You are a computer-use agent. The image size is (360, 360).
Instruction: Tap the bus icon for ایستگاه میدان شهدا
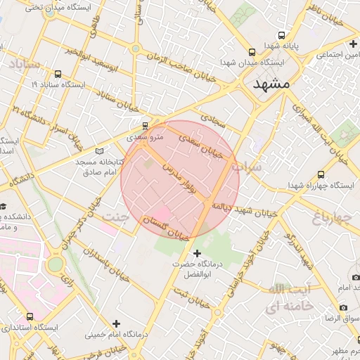coord(252,52)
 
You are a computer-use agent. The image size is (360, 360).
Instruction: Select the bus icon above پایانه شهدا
coord(282,35)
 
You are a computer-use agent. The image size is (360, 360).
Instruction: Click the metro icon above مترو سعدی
coord(145,126)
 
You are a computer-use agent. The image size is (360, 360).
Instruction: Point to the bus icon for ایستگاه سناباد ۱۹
coord(57,73)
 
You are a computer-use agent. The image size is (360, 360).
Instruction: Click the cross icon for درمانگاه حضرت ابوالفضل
coord(197,253)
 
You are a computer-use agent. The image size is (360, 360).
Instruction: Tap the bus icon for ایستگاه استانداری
coord(30,316)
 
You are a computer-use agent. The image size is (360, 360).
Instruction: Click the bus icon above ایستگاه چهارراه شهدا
coord(321,174)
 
